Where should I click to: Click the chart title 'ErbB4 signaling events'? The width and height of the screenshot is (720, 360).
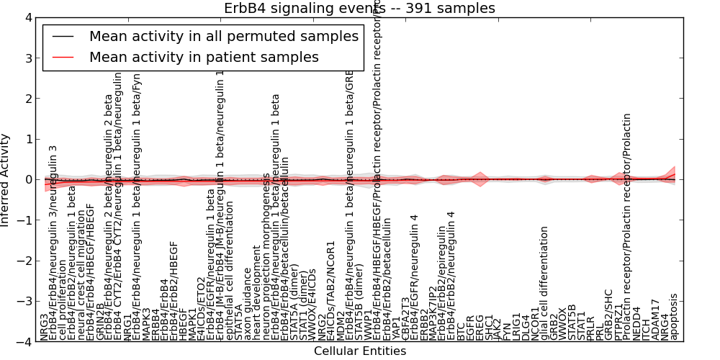pos(359,9)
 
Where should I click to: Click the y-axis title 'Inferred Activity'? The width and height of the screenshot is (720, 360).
pos(6,179)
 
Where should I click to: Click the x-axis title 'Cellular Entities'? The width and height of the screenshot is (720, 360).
pos(359,351)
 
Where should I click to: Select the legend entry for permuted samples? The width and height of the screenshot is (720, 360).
pos(223,36)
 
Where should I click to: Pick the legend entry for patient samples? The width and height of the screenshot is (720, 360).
pos(204,57)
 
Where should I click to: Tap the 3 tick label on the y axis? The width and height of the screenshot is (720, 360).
pos(27,58)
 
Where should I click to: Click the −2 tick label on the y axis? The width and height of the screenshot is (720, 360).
pos(24,261)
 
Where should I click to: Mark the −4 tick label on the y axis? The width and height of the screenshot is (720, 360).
pos(24,342)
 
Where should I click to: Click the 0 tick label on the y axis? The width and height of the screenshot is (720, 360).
pos(27,179)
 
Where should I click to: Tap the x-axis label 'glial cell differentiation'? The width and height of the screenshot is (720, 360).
pos(546,283)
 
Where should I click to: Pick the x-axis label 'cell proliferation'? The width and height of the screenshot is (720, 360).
pos(63,300)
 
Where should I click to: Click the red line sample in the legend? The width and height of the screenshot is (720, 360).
pos(64,57)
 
